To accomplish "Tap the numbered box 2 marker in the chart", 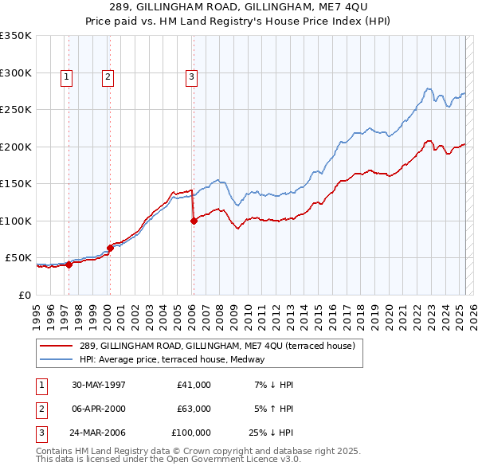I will [107, 77].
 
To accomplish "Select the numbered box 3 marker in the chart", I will [192, 77].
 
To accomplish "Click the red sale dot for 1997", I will [69, 265].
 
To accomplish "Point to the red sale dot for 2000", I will [110, 249].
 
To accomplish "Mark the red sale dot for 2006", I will [194, 221].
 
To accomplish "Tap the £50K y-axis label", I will [18, 258].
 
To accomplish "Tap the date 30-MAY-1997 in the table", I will [99, 385].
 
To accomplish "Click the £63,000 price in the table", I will [193, 409].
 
